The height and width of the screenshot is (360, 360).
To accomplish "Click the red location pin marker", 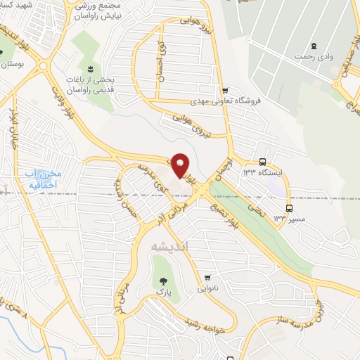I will (181, 165).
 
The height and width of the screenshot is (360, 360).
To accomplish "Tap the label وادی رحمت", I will (314, 56).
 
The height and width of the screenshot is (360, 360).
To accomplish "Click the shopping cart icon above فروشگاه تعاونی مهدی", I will (224, 90).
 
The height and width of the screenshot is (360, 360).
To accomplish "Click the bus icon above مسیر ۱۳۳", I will (289, 208).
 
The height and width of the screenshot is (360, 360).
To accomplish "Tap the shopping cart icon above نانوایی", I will (208, 277).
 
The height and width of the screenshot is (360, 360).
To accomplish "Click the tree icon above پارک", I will (164, 278).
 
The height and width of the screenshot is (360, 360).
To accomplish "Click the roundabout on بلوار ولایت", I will (44, 67).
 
